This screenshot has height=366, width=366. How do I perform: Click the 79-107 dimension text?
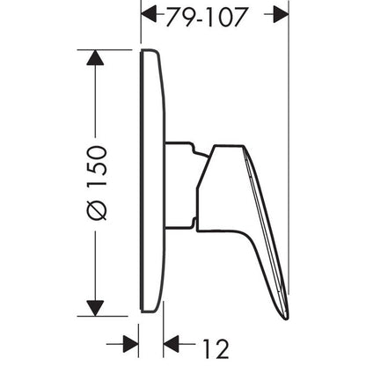point(206,17)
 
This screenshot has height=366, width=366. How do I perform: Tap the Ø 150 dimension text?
point(97,183)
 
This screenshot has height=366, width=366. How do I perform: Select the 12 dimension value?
point(216,348)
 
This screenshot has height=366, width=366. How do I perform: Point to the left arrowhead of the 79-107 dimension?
point(149,14)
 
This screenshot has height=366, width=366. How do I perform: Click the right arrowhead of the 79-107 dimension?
point(281,14)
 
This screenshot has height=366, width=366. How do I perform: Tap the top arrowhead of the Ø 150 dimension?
point(95,57)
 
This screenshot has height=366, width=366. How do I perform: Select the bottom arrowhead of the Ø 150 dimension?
point(95,308)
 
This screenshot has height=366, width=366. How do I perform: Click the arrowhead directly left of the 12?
point(171,344)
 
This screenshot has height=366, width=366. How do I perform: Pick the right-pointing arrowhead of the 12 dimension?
point(131,344)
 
